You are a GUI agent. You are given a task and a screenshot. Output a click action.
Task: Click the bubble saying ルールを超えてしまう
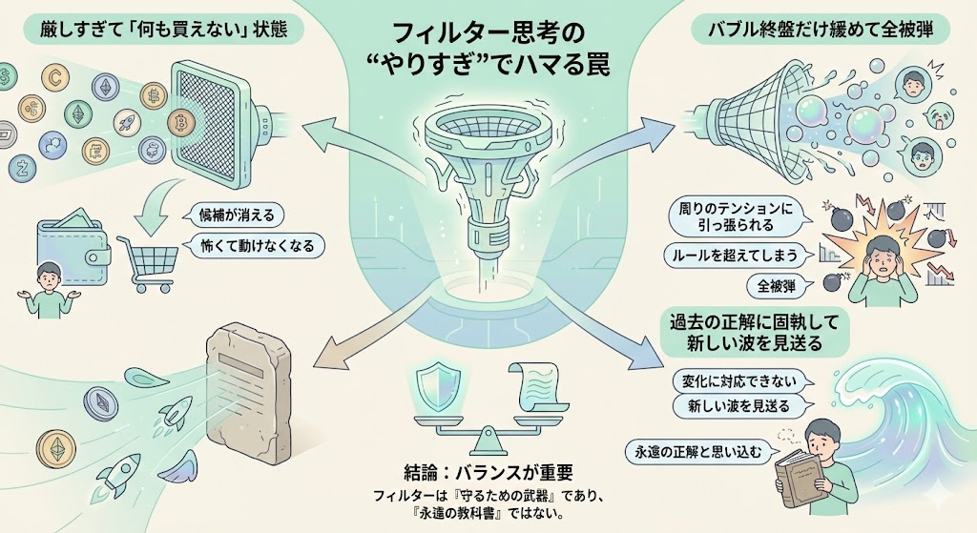pos(735,256)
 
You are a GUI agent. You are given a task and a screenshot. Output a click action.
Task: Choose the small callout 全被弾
pos(771,285)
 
